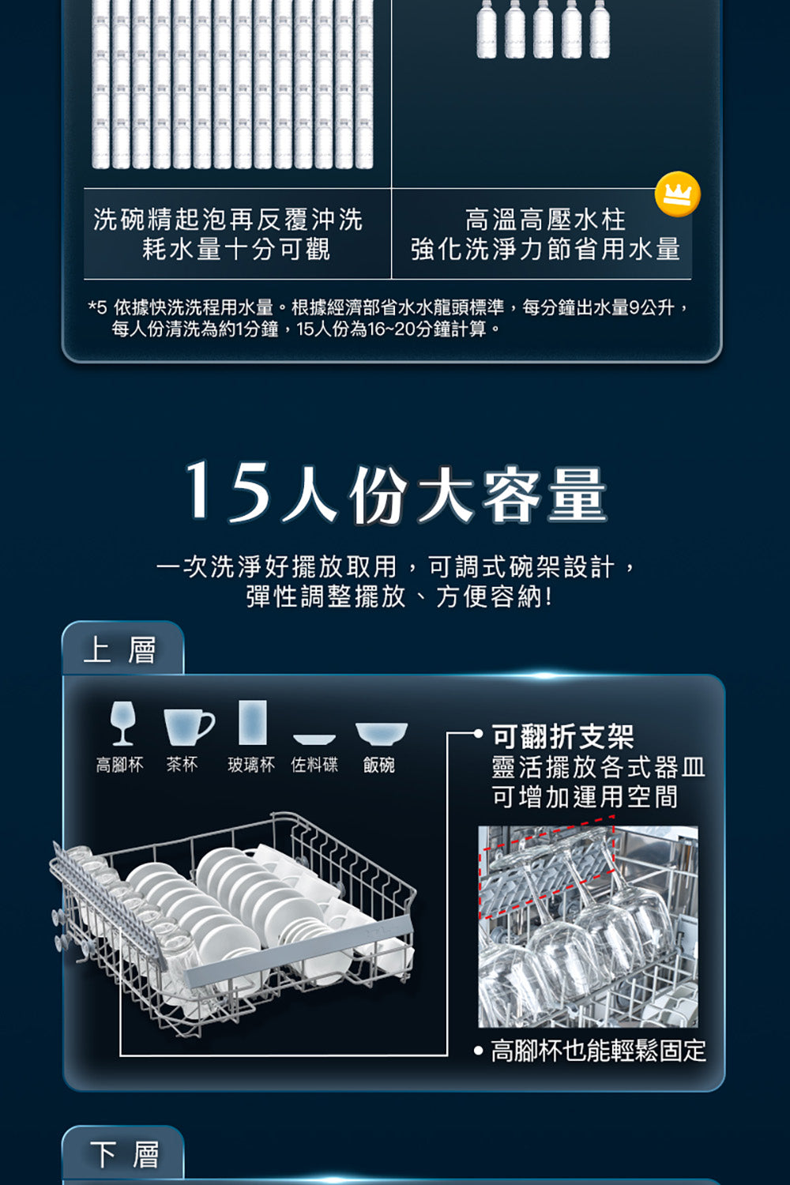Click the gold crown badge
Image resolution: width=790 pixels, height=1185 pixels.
click(677, 194)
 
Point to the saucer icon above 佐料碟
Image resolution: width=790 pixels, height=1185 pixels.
click(314, 739)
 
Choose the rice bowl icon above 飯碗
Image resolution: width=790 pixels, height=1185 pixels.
click(381, 733)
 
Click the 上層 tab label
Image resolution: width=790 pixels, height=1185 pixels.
click(121, 650)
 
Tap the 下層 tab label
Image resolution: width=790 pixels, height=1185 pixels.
click(123, 1154)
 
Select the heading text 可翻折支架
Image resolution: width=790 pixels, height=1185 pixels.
click(562, 736)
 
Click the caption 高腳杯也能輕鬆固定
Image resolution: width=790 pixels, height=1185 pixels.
click(598, 1051)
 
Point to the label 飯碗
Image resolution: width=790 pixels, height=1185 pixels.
click(378, 765)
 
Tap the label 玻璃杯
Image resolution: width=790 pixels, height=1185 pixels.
click(251, 765)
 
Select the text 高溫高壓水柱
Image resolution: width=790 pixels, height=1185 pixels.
click(545, 219)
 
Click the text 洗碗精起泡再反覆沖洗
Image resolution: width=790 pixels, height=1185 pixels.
click(228, 219)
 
